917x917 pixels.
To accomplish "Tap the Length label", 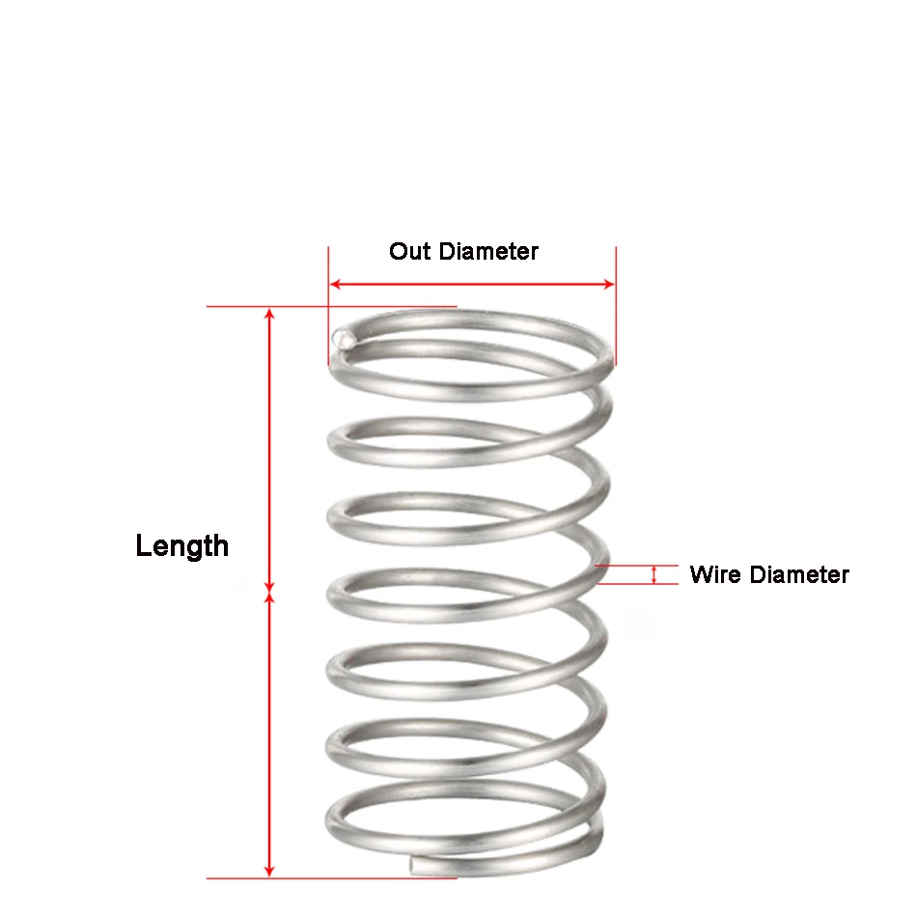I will (x=182, y=546).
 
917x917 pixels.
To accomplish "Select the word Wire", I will (x=715, y=575).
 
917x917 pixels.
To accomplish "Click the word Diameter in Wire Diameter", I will (x=798, y=575).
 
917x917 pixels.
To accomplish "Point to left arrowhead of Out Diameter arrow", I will (x=335, y=284).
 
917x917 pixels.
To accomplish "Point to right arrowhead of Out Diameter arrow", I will (x=609, y=284).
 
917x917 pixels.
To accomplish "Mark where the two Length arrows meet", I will (x=270, y=593).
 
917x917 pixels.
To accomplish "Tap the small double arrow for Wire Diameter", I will (x=654, y=575).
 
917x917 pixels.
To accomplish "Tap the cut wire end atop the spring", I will (x=342, y=338).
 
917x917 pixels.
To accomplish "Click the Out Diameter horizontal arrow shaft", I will (x=472, y=284).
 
